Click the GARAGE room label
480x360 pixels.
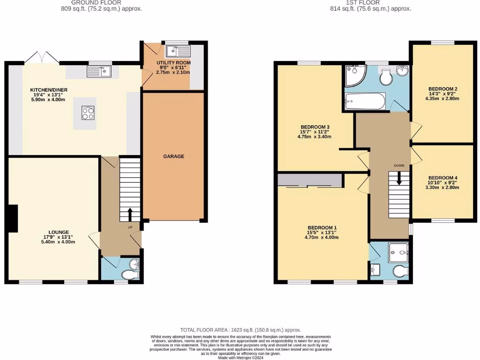coord(173,157)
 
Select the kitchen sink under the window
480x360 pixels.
coord(99,72)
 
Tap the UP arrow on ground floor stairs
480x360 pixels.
coord(130,215)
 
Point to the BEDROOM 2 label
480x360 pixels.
coord(442,89)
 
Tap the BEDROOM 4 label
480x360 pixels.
coord(442,178)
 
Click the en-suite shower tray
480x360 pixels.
coord(398,253)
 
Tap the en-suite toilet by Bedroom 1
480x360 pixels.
coord(401,271)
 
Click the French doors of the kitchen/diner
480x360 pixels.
coord(42,58)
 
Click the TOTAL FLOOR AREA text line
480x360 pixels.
coord(240,330)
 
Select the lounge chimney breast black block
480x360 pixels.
coord(14,218)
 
